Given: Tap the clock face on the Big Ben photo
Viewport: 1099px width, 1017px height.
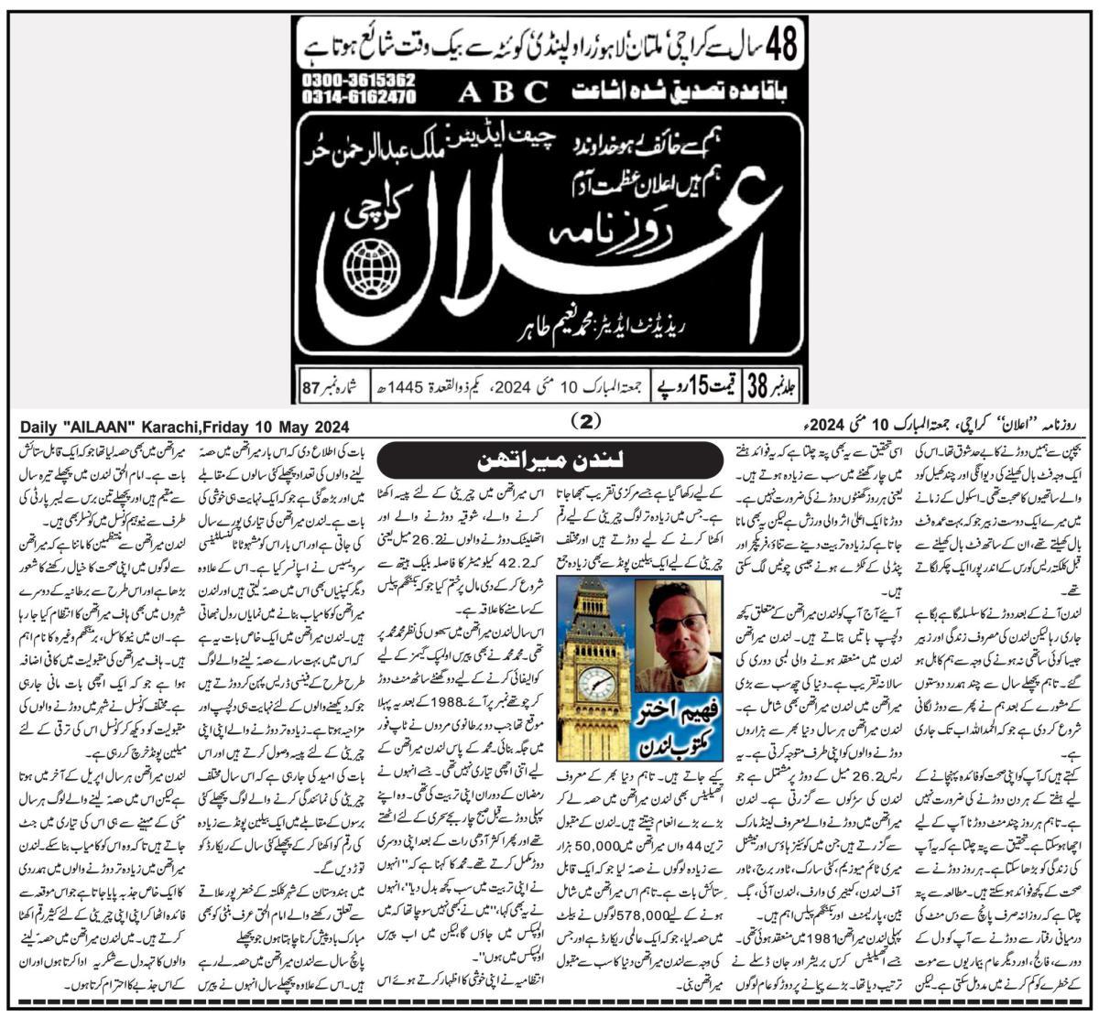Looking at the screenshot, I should coord(596,682).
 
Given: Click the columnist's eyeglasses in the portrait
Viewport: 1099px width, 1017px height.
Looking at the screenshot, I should coord(679,624).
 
